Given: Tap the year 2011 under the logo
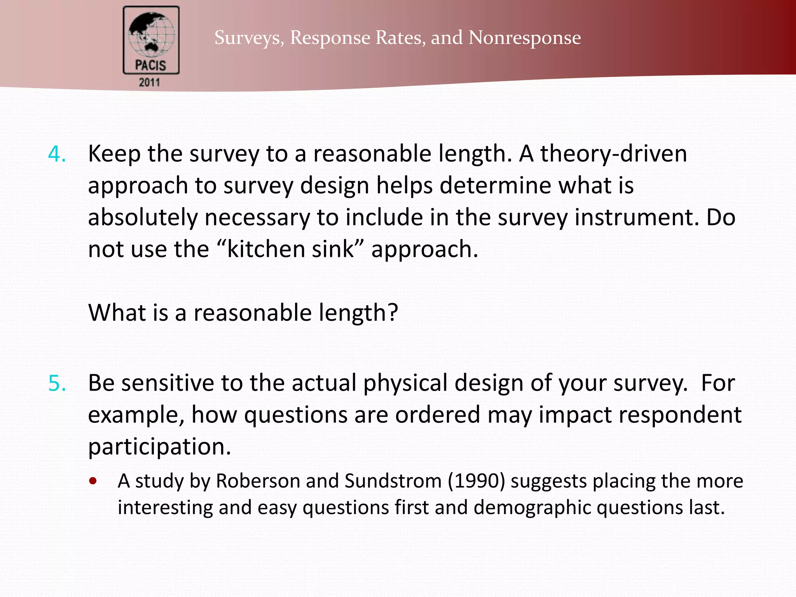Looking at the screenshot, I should point(150,82).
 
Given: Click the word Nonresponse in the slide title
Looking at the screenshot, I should point(525,38).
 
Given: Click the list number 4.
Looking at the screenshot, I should point(57,154).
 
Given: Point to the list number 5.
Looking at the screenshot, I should point(57,383).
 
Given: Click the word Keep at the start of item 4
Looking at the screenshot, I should point(114,154).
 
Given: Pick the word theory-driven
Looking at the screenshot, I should point(614,154).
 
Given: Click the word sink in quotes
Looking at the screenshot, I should point(332,249).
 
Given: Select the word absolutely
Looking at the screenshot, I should point(143,217).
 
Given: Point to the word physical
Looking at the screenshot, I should point(405,383).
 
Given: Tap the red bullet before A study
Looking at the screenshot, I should point(93,481).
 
